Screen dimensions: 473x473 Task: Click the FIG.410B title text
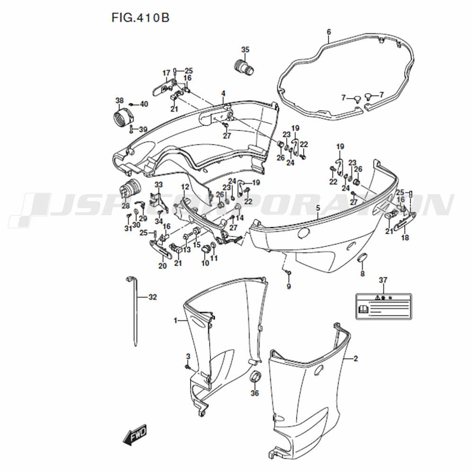point(140,18)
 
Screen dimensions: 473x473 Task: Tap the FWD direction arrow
point(135,434)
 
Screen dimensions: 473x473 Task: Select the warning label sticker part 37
point(384,307)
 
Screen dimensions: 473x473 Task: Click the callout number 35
point(245,50)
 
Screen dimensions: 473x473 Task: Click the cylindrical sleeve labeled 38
point(122,118)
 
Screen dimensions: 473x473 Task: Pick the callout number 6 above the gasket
point(329,32)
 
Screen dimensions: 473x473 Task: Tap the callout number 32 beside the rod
point(153,297)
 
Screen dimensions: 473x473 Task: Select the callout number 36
point(255,393)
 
